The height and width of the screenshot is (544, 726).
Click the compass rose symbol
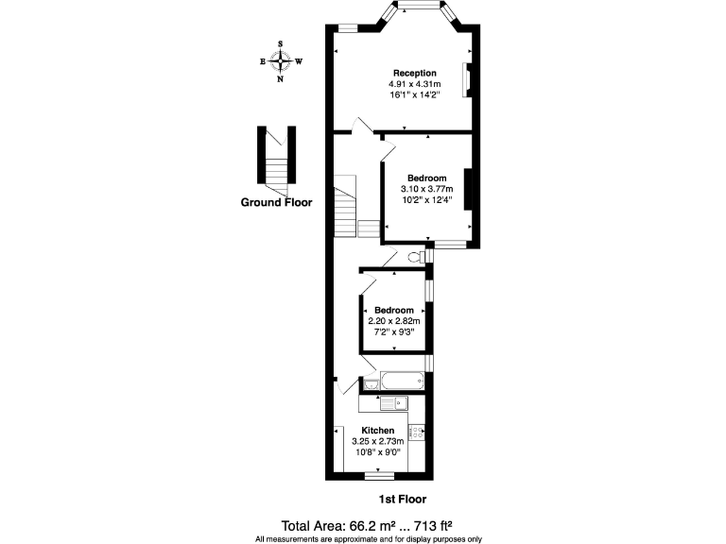tap(281, 60)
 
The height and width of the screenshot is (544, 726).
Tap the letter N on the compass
tap(281, 79)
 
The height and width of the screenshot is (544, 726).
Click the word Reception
tap(415, 73)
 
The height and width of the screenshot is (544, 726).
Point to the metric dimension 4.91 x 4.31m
tap(415, 84)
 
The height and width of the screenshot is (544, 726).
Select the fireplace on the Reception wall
tap(465, 80)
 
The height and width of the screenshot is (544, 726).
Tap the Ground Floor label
tap(275, 202)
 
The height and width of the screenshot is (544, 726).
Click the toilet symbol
tap(415, 257)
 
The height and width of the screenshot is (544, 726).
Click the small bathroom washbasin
tap(369, 383)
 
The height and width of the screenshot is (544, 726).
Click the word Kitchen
tap(377, 431)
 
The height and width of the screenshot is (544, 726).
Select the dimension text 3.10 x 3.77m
tap(426, 189)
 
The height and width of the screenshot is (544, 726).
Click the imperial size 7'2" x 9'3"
tap(393, 331)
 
